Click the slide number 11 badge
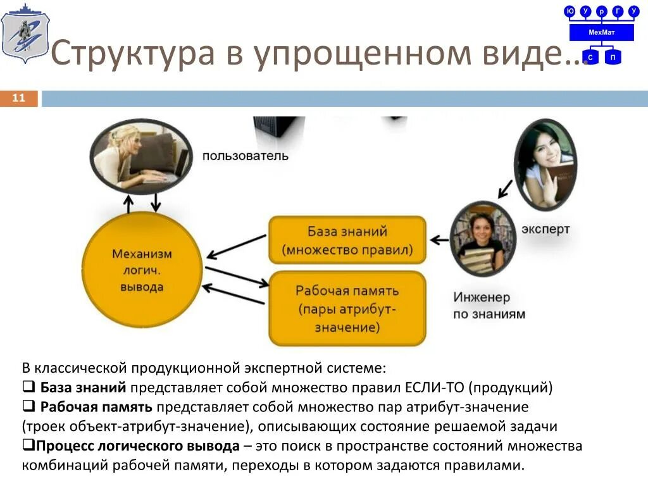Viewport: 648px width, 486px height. [19, 98]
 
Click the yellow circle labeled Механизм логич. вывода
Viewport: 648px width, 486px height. [142, 270]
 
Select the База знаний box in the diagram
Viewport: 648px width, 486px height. [347, 240]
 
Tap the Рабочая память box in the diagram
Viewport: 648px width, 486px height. [347, 309]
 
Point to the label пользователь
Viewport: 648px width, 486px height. [246, 156]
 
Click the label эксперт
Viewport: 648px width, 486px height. [545, 229]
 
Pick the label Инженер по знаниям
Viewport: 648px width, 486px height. [489, 305]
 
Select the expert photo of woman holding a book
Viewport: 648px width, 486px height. [545, 165]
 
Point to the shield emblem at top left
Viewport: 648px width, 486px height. [23, 33]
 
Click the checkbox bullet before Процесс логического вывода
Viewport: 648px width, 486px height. [28, 445]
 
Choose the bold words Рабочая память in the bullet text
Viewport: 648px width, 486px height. [96, 406]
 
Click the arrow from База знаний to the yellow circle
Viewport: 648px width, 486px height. [237, 247]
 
